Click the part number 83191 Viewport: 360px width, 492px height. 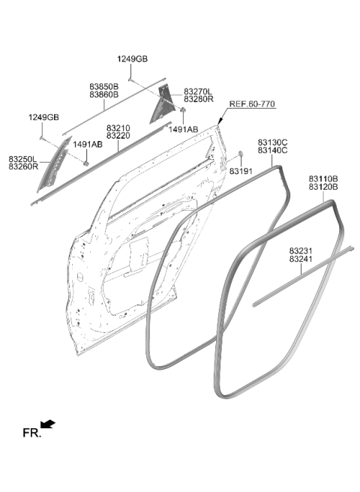241,171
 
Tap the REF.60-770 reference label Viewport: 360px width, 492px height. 252,103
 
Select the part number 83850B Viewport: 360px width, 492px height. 104,86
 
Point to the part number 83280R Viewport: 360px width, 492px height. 198,99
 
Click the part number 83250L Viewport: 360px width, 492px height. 22,159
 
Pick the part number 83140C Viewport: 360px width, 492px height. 272,151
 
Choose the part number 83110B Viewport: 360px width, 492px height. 323,178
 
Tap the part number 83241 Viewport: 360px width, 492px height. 301,259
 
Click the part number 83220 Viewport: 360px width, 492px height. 118,136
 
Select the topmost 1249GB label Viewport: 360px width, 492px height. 133,59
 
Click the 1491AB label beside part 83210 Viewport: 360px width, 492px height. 88,145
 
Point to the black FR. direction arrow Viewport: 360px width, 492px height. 48,424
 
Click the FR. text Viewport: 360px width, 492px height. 31,433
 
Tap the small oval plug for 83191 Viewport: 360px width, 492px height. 241,154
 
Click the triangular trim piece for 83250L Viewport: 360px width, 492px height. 52,165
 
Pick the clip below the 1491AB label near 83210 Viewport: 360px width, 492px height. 85,163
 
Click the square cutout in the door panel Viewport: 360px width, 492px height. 139,253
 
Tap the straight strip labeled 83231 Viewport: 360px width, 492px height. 303,277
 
